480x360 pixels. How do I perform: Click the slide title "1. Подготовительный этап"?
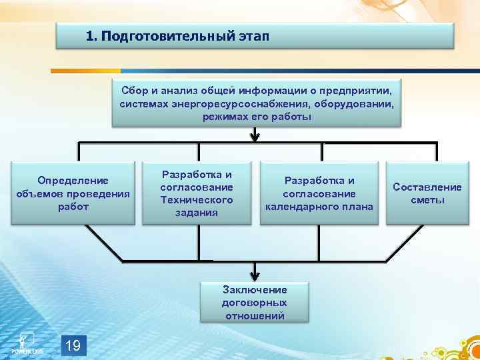178,36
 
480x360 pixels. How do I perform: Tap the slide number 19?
74,345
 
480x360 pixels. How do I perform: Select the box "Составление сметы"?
427,194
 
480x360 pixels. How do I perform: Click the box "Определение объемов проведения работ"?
73,194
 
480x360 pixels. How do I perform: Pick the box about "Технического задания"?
197,194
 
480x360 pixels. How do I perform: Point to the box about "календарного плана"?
319,194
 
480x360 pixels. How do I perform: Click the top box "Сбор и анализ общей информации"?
256,104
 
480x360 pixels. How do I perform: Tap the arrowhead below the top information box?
255,137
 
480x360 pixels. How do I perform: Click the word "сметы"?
427,201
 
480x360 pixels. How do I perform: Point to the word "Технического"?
197,200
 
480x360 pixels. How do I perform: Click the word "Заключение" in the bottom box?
255,290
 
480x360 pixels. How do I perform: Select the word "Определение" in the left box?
73,181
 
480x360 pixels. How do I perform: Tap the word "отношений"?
255,315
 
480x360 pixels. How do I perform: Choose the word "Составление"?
427,187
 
